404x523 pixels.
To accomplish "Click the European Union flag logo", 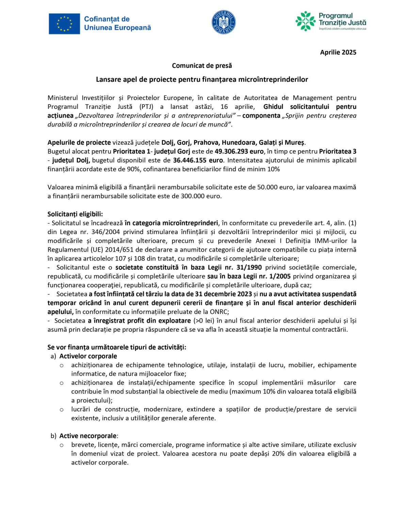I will click(x=64, y=24).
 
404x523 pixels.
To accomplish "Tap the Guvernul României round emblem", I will click(x=224, y=22).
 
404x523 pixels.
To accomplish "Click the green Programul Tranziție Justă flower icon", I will click(x=305, y=21).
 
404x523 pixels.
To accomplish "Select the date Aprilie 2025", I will click(x=338, y=52).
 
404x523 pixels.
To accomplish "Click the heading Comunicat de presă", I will click(x=202, y=65).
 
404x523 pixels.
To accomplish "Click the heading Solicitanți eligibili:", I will click(x=75, y=214).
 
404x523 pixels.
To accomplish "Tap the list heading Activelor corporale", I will click(x=88, y=356).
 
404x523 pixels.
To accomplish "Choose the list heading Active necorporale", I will click(x=88, y=436).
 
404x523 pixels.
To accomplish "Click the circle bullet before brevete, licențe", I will click(x=62, y=445).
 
